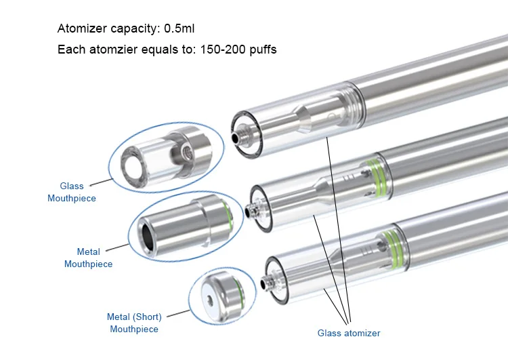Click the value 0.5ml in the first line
click(x=179, y=28)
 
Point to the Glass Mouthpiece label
click(x=72, y=192)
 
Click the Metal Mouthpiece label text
click(x=88, y=258)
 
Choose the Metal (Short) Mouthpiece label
click(x=134, y=323)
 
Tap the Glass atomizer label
click(x=349, y=333)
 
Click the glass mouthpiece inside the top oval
click(x=166, y=158)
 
